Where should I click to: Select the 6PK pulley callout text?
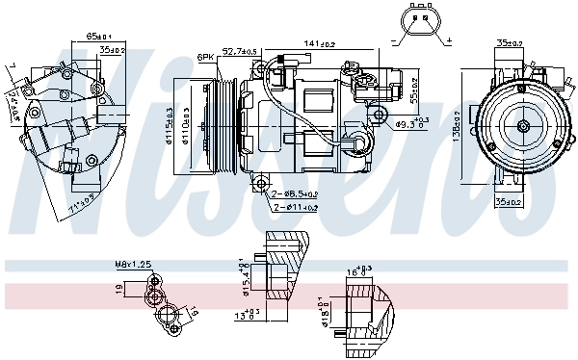click(x=204, y=57)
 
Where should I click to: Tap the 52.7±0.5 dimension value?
click(x=239, y=51)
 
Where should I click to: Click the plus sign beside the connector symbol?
click(x=449, y=41)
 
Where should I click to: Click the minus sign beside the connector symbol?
click(x=395, y=41)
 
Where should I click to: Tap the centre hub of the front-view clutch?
click(x=521, y=124)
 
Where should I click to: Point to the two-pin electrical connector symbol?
click(x=422, y=22)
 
